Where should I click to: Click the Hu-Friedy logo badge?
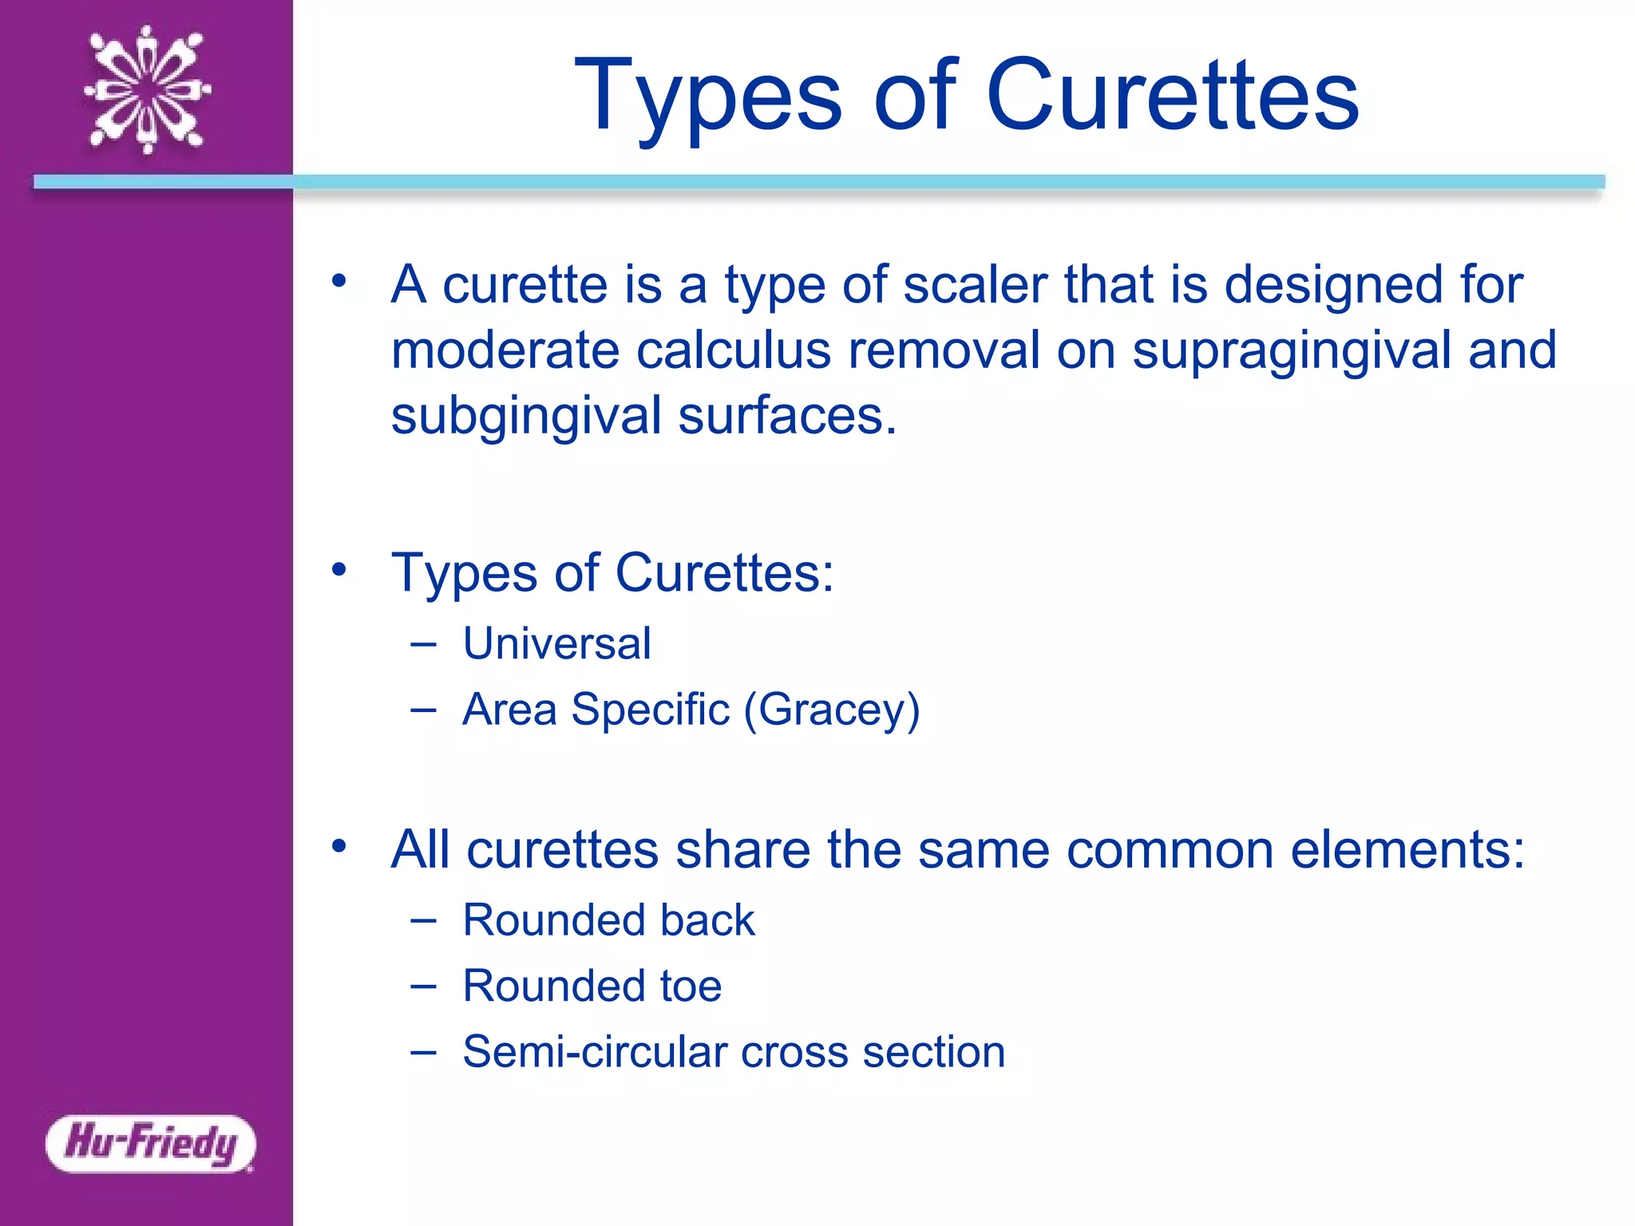[150, 1143]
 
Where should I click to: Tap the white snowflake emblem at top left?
[148, 89]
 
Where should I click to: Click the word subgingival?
[527, 417]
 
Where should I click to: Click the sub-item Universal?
[556, 643]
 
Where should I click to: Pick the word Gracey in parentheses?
[831, 710]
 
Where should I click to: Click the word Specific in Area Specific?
[650, 709]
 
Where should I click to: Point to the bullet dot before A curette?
[339, 280]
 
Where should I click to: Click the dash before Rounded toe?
[423, 987]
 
